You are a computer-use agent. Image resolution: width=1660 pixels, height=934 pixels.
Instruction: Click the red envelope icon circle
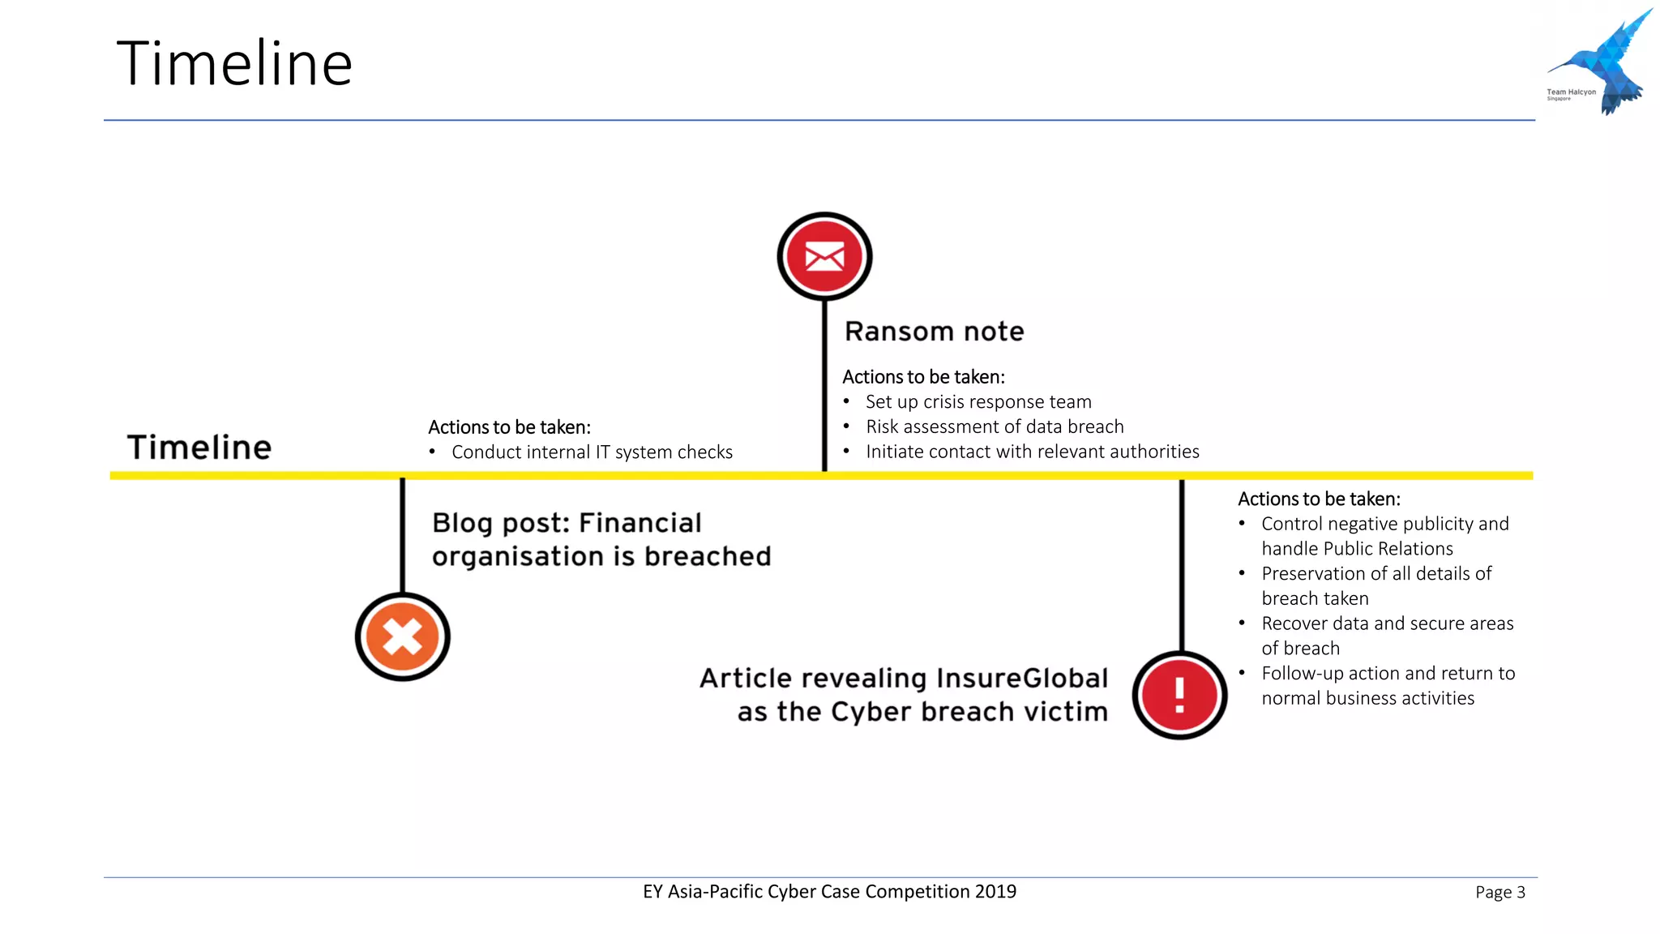(x=824, y=257)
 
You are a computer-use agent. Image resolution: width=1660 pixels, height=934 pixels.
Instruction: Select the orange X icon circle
(x=403, y=636)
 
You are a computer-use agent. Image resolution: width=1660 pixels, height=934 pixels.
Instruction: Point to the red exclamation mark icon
(x=1179, y=695)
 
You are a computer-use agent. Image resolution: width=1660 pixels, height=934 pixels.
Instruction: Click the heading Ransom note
(x=934, y=332)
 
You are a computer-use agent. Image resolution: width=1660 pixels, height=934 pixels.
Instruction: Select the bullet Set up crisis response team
(x=978, y=402)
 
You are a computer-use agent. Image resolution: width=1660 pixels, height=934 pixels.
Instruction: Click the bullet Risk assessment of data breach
(x=994, y=427)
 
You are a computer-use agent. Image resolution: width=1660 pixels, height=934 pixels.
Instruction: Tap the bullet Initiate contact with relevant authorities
(x=1032, y=452)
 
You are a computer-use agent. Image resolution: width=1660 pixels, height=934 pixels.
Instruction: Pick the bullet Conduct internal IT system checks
(x=592, y=452)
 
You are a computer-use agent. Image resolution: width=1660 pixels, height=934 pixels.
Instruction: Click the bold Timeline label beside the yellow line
(x=199, y=448)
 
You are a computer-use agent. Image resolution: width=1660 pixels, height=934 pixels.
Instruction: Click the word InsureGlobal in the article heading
(x=1022, y=678)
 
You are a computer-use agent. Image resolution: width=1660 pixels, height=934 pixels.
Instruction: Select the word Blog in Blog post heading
(x=462, y=524)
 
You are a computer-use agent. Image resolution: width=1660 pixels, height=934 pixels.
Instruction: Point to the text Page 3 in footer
(x=1500, y=893)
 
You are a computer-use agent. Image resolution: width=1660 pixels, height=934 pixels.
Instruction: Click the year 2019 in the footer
(x=995, y=892)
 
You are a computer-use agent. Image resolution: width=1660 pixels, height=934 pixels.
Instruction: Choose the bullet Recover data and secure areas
(x=1387, y=623)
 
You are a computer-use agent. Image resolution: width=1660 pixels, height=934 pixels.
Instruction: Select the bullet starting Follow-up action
(x=1388, y=674)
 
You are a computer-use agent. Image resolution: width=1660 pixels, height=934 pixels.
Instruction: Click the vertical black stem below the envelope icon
(x=824, y=381)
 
